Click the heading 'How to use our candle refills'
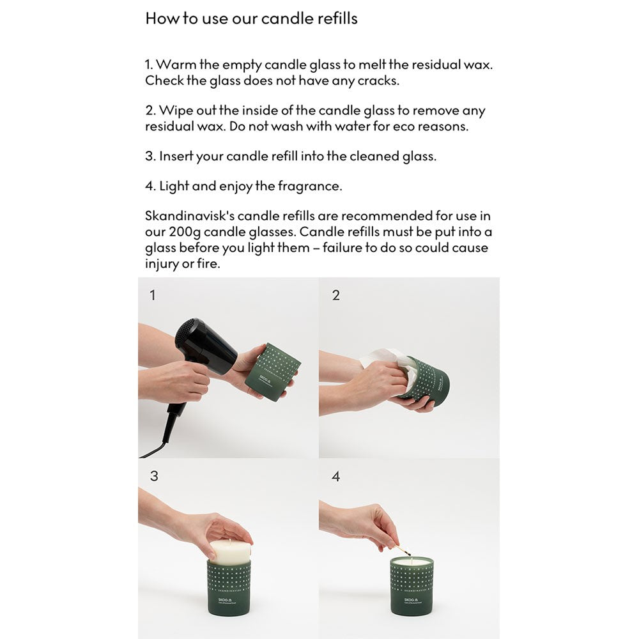(x=251, y=19)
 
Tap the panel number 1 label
(x=152, y=296)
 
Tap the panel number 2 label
(x=336, y=296)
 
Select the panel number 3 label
(x=153, y=477)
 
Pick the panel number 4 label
(x=336, y=477)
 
